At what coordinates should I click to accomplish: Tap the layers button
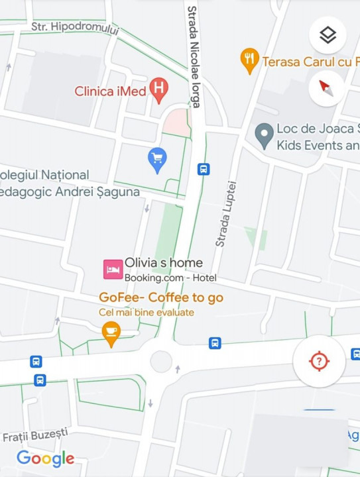pyautogui.click(x=328, y=34)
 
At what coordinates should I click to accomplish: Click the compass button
pyautogui.click(x=326, y=88)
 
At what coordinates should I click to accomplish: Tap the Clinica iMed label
pyautogui.click(x=110, y=91)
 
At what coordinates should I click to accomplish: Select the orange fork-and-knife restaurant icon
pyautogui.click(x=249, y=61)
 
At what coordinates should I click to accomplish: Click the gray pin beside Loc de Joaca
pyautogui.click(x=265, y=136)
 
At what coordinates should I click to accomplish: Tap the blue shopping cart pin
pyautogui.click(x=157, y=160)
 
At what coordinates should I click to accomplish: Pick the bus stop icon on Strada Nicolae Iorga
pyautogui.click(x=204, y=169)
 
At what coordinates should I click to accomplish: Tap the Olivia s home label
pyautogui.click(x=164, y=263)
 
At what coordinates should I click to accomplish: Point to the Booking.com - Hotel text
pyautogui.click(x=170, y=278)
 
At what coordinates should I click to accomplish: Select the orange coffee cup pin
pyautogui.click(x=111, y=333)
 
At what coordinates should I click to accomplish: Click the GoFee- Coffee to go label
pyautogui.click(x=161, y=297)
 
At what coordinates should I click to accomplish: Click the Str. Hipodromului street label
pyautogui.click(x=75, y=28)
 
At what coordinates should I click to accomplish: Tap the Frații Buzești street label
pyautogui.click(x=35, y=435)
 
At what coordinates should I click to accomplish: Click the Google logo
pyautogui.click(x=45, y=458)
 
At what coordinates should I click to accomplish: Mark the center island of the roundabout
pyautogui.click(x=161, y=361)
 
